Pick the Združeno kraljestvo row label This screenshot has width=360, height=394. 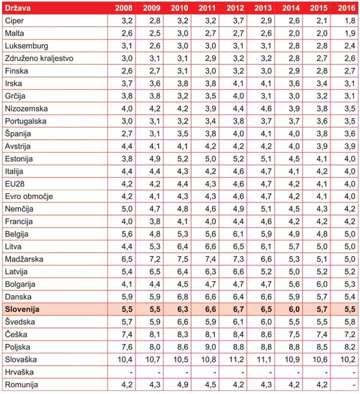point(39,58)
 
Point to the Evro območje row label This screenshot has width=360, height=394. point(29,196)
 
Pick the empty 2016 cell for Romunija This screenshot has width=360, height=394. point(345,384)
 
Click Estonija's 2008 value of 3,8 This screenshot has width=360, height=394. point(127,159)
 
